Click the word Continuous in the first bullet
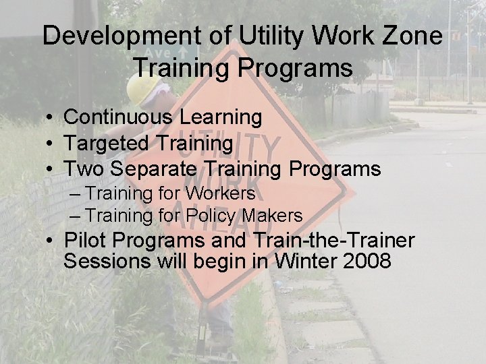click(x=118, y=117)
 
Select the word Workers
click(x=221, y=193)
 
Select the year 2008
click(x=367, y=261)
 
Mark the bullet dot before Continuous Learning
click(x=51, y=118)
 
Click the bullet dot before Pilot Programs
click(x=51, y=241)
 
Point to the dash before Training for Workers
click(x=75, y=194)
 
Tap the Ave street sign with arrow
click(x=169, y=52)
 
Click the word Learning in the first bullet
click(x=221, y=117)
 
